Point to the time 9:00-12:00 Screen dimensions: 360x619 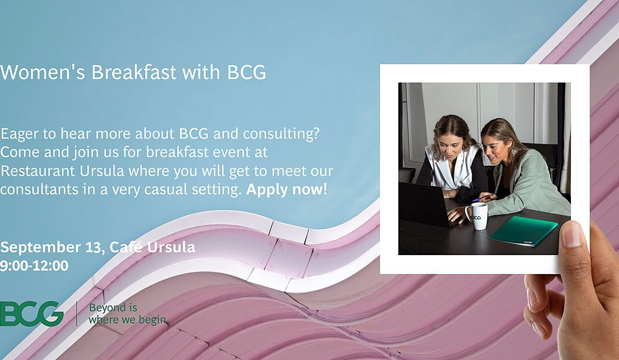click(x=34, y=265)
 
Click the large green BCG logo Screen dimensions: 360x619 click(x=32, y=314)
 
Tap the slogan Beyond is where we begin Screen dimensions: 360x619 click(x=127, y=314)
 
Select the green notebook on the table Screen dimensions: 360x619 click(x=522, y=231)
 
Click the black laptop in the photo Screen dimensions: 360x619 click(x=427, y=204)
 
